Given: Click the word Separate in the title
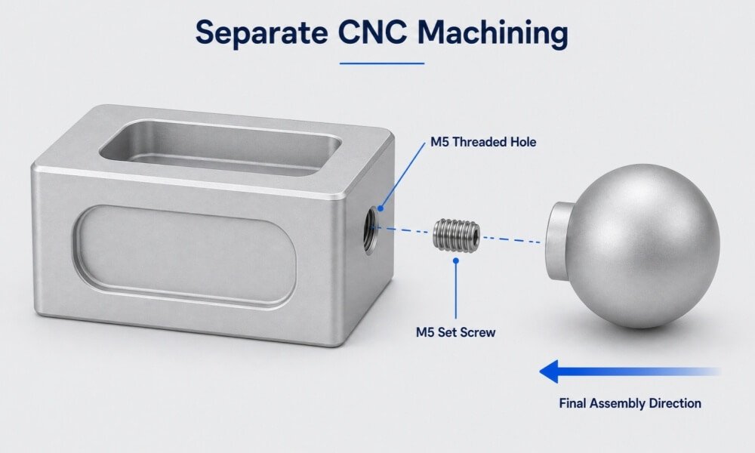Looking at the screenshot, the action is coord(261,33).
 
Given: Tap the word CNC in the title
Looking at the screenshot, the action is coord(371,32).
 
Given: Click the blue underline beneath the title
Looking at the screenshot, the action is coord(382,63).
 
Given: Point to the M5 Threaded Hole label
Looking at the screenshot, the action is coord(483,142).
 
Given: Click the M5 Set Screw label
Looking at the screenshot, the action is coord(455,332).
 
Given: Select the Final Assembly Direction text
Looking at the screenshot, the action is coord(630,403).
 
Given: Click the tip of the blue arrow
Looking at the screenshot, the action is coord(540,371).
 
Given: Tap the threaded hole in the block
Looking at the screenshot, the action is coord(370,229).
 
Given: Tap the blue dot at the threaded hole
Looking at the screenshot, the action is coord(381,208).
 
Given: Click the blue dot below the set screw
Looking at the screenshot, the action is coord(456,260).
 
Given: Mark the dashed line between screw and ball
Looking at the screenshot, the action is coord(511,239).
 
